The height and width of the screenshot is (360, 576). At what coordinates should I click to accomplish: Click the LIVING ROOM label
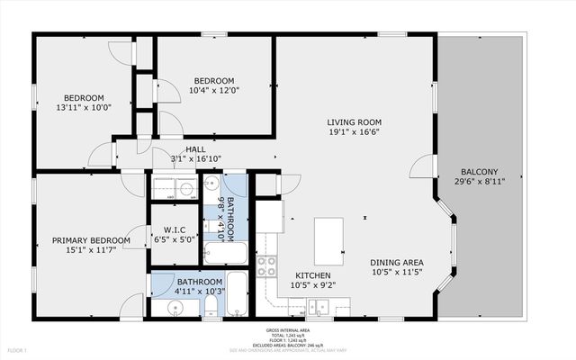pyautogui.click(x=355, y=121)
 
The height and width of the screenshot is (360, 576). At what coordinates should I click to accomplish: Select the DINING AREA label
pyautogui.click(x=397, y=263)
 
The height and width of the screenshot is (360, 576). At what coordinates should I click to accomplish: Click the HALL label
pyautogui.click(x=195, y=149)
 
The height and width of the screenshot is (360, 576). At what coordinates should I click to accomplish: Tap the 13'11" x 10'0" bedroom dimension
pyautogui.click(x=83, y=108)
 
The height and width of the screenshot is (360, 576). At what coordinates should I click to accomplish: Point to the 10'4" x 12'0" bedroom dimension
pyautogui.click(x=214, y=91)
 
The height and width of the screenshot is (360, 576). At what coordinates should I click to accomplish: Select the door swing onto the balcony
pyautogui.click(x=420, y=166)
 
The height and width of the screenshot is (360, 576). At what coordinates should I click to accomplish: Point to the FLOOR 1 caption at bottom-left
pyautogui.click(x=18, y=349)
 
